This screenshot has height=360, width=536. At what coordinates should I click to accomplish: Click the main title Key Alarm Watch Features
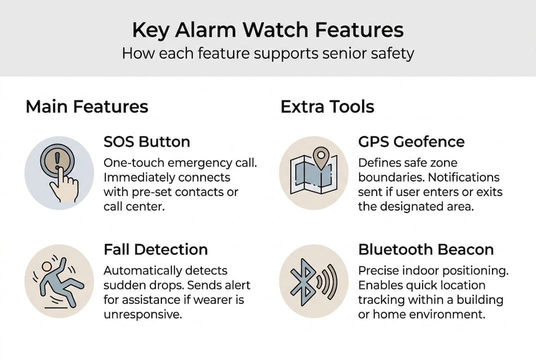click(268, 30)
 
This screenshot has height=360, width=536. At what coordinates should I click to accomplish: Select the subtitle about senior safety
click(268, 53)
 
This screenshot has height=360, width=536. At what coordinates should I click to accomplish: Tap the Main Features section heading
click(87, 106)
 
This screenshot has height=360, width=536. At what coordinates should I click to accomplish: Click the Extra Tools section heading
click(327, 106)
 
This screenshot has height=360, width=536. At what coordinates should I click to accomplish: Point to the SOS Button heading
click(146, 141)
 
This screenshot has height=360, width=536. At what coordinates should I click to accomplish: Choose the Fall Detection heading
click(155, 249)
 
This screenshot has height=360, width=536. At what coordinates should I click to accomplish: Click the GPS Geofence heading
click(411, 141)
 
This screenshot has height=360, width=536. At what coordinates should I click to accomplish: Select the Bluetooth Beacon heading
click(426, 249)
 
